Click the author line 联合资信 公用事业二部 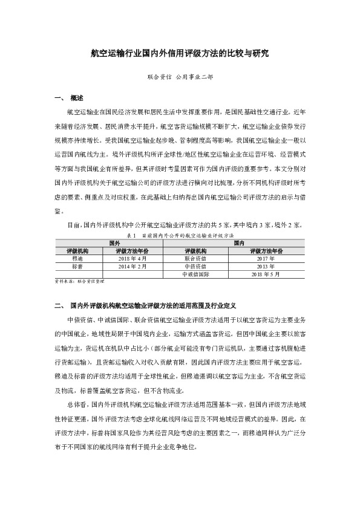tap(180, 78)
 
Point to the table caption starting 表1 tap(180, 234)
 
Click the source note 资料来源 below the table tap(79, 282)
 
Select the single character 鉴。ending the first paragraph tap(58, 213)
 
